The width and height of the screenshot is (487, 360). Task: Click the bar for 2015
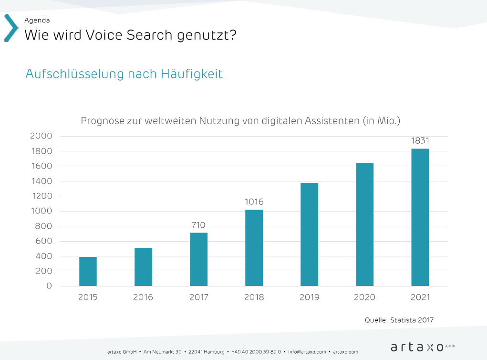click(x=88, y=271)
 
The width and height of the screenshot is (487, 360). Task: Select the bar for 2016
click(x=143, y=267)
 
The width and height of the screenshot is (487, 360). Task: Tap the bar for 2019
click(x=309, y=234)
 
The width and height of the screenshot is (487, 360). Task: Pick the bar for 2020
click(x=364, y=224)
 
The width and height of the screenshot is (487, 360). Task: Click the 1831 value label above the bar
click(x=420, y=141)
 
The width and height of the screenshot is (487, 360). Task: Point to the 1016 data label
click(x=254, y=202)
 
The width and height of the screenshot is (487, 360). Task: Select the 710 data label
click(x=198, y=225)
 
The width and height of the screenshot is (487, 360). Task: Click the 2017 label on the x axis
click(x=198, y=297)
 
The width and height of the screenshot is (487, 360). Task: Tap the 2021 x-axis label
click(x=420, y=297)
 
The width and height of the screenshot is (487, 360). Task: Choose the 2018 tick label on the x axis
click(x=254, y=297)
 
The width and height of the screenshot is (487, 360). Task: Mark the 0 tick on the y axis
click(x=49, y=286)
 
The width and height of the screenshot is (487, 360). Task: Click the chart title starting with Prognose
click(x=240, y=121)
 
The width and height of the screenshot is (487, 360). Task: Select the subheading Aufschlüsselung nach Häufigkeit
click(x=124, y=74)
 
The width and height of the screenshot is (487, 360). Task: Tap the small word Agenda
click(x=37, y=21)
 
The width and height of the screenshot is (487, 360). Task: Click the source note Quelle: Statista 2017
click(x=399, y=320)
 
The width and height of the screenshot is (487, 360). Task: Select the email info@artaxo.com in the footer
click(x=307, y=352)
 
